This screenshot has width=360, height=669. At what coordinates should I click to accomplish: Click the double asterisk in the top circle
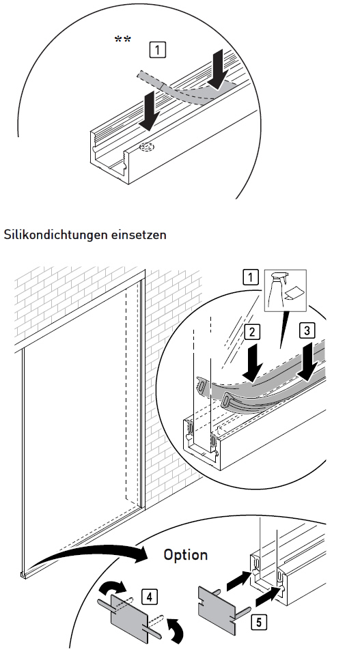(x=123, y=39)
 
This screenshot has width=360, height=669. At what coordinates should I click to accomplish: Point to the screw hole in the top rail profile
(x=145, y=147)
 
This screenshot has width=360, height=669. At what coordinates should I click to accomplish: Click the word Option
(x=185, y=554)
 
